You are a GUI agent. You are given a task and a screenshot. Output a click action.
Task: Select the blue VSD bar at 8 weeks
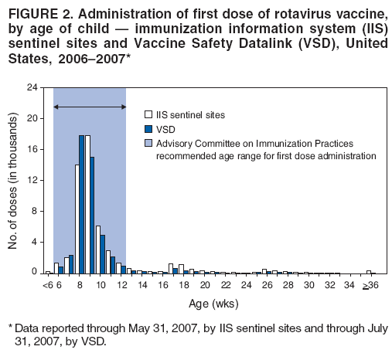[81, 205]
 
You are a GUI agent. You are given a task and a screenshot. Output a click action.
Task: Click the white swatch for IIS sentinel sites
[150, 114]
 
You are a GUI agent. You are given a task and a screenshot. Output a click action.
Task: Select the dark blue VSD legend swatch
[150, 129]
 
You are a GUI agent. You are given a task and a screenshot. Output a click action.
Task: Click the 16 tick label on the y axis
[32, 149]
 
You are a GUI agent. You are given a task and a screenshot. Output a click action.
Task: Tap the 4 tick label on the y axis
[34, 242]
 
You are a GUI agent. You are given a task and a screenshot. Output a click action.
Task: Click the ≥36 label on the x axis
[371, 285]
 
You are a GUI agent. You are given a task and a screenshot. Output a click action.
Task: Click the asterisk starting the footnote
[9, 327]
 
